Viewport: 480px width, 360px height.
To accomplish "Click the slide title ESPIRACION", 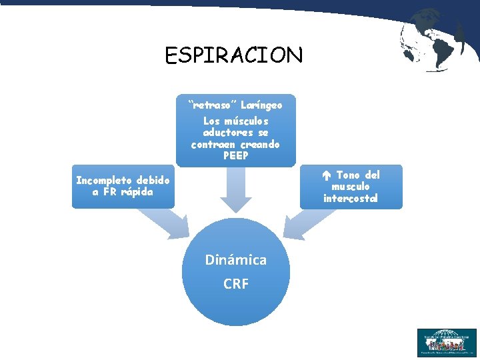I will (234, 55).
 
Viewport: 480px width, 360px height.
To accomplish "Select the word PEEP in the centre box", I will (235, 155).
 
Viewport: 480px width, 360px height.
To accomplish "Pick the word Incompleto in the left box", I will (105, 180).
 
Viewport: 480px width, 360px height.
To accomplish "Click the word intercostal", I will (350, 198).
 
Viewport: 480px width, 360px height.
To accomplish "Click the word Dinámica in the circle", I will (235, 260).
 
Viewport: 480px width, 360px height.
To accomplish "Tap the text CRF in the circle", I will (235, 284).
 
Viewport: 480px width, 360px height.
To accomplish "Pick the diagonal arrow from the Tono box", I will (311, 223).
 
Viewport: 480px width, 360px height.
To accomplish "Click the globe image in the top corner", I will (434, 39).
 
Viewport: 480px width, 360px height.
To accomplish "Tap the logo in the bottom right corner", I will (446, 343).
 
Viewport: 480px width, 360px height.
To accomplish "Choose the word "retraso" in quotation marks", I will (210, 105).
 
